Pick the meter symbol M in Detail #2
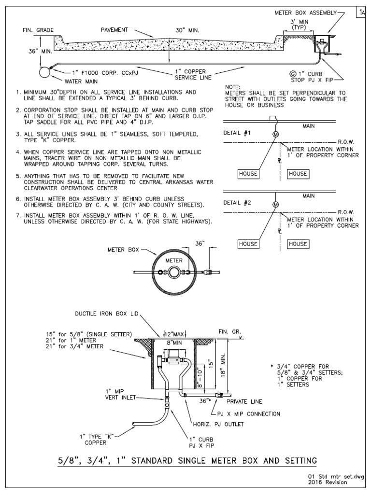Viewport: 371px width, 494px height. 276,205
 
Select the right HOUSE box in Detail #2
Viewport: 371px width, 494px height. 298,244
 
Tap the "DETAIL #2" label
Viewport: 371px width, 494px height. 237,203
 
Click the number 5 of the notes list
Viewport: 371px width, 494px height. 17,176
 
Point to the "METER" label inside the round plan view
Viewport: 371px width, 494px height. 174,261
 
